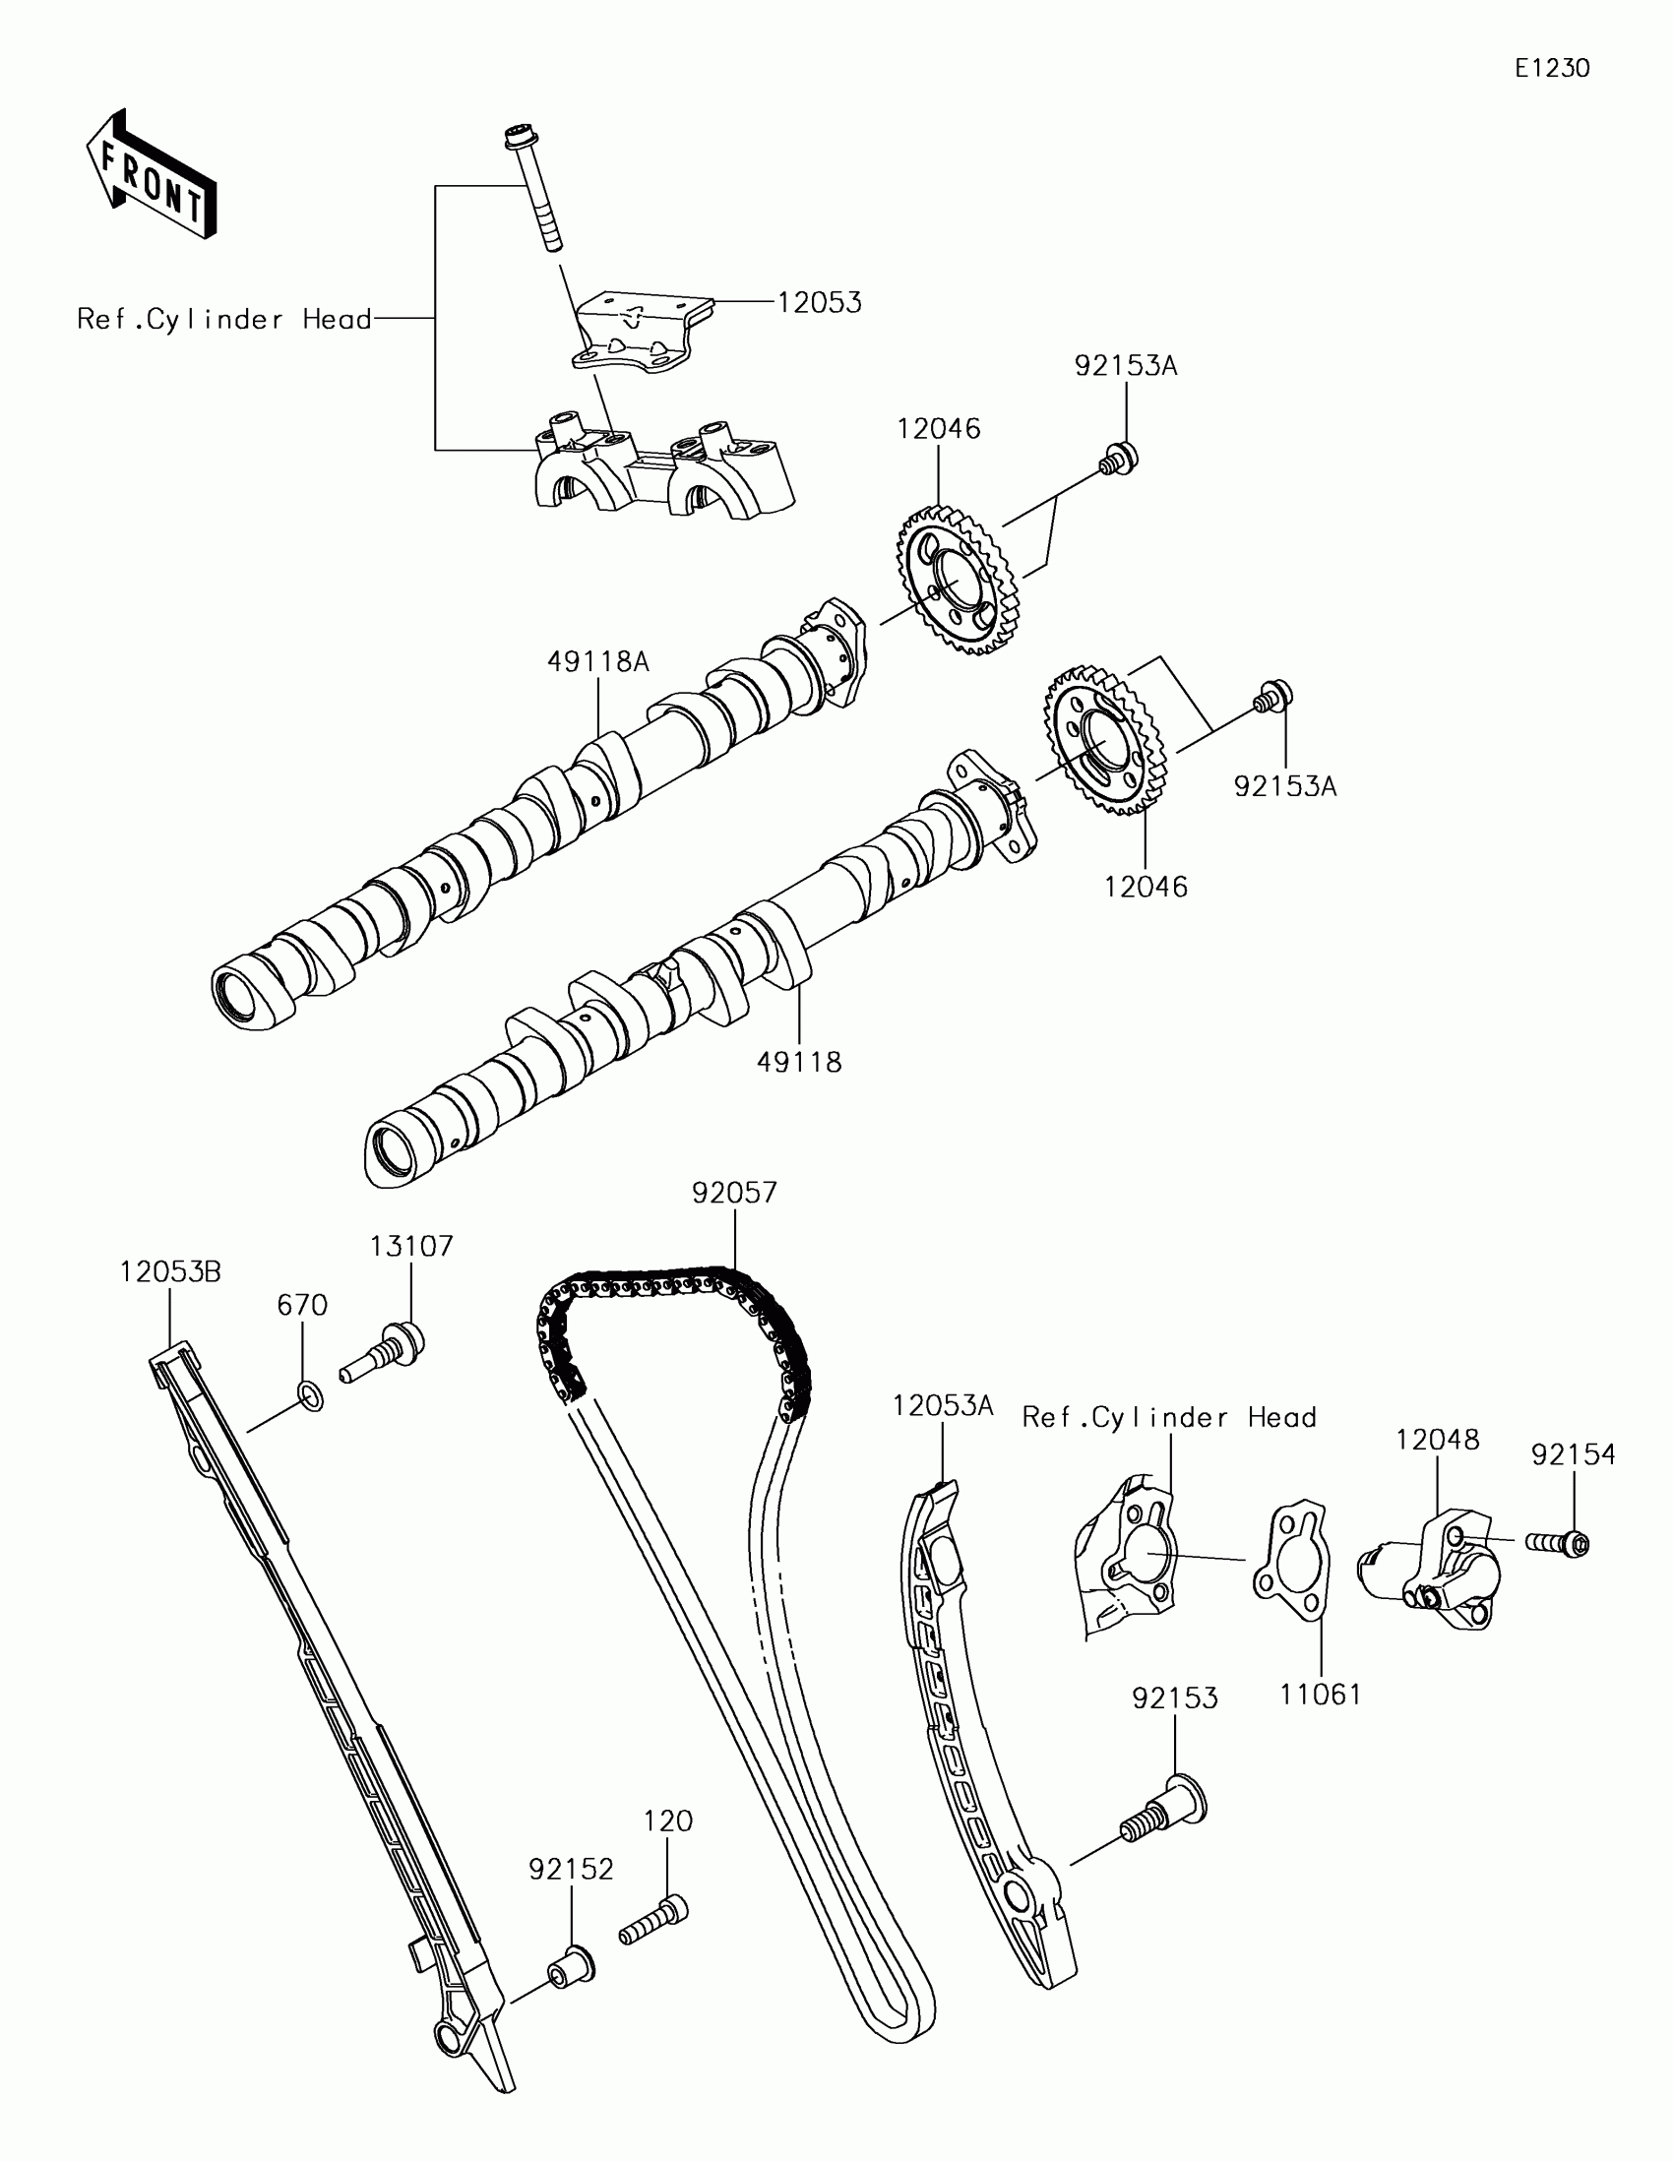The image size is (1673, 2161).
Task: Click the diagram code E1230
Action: click(x=1551, y=68)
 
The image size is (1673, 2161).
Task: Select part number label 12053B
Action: click(x=170, y=1272)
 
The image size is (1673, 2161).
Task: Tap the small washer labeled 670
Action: click(x=310, y=1397)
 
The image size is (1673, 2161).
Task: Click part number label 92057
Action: click(x=734, y=1193)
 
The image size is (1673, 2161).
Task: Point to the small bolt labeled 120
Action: click(x=653, y=1919)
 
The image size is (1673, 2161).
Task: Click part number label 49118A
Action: click(x=597, y=662)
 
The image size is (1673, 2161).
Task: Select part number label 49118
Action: click(x=798, y=1062)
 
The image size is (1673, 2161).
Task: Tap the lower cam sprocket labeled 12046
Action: click(x=1103, y=742)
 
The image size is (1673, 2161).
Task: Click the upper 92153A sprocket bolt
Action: click(x=1119, y=460)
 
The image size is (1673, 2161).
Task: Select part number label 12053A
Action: click(x=942, y=1406)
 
